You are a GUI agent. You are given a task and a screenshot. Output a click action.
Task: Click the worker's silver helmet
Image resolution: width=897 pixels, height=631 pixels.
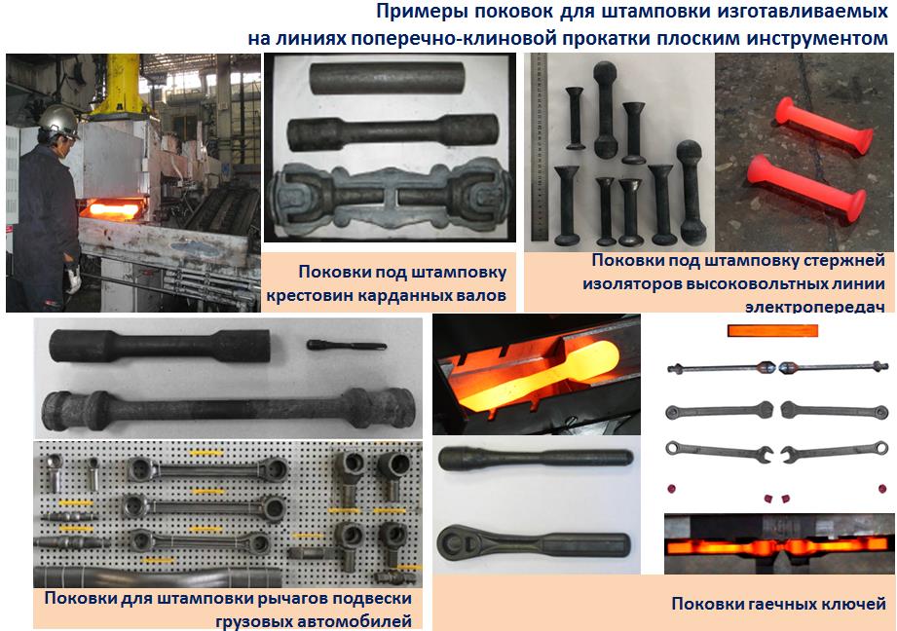57,121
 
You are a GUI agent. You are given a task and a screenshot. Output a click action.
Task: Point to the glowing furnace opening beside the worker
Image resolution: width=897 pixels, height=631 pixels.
114,208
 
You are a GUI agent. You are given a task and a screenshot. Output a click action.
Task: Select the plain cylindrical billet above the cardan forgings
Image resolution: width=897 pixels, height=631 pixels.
387,78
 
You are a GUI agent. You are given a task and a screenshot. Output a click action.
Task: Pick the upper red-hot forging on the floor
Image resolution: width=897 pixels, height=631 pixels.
824,126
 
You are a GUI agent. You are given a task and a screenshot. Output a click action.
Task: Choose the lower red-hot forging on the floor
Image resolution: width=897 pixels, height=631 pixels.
806,187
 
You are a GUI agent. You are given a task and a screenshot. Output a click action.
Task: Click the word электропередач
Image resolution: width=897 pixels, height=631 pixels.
814,306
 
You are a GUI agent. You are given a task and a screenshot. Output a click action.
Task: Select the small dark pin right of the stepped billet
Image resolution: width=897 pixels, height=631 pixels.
346,345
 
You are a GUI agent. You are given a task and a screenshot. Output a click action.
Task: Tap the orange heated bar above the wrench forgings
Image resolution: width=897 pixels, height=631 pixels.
772,330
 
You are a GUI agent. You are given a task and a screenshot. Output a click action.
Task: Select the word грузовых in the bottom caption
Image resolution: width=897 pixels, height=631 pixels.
251,621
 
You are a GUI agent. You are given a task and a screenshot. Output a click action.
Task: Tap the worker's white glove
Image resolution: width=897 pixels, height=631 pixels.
73,278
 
